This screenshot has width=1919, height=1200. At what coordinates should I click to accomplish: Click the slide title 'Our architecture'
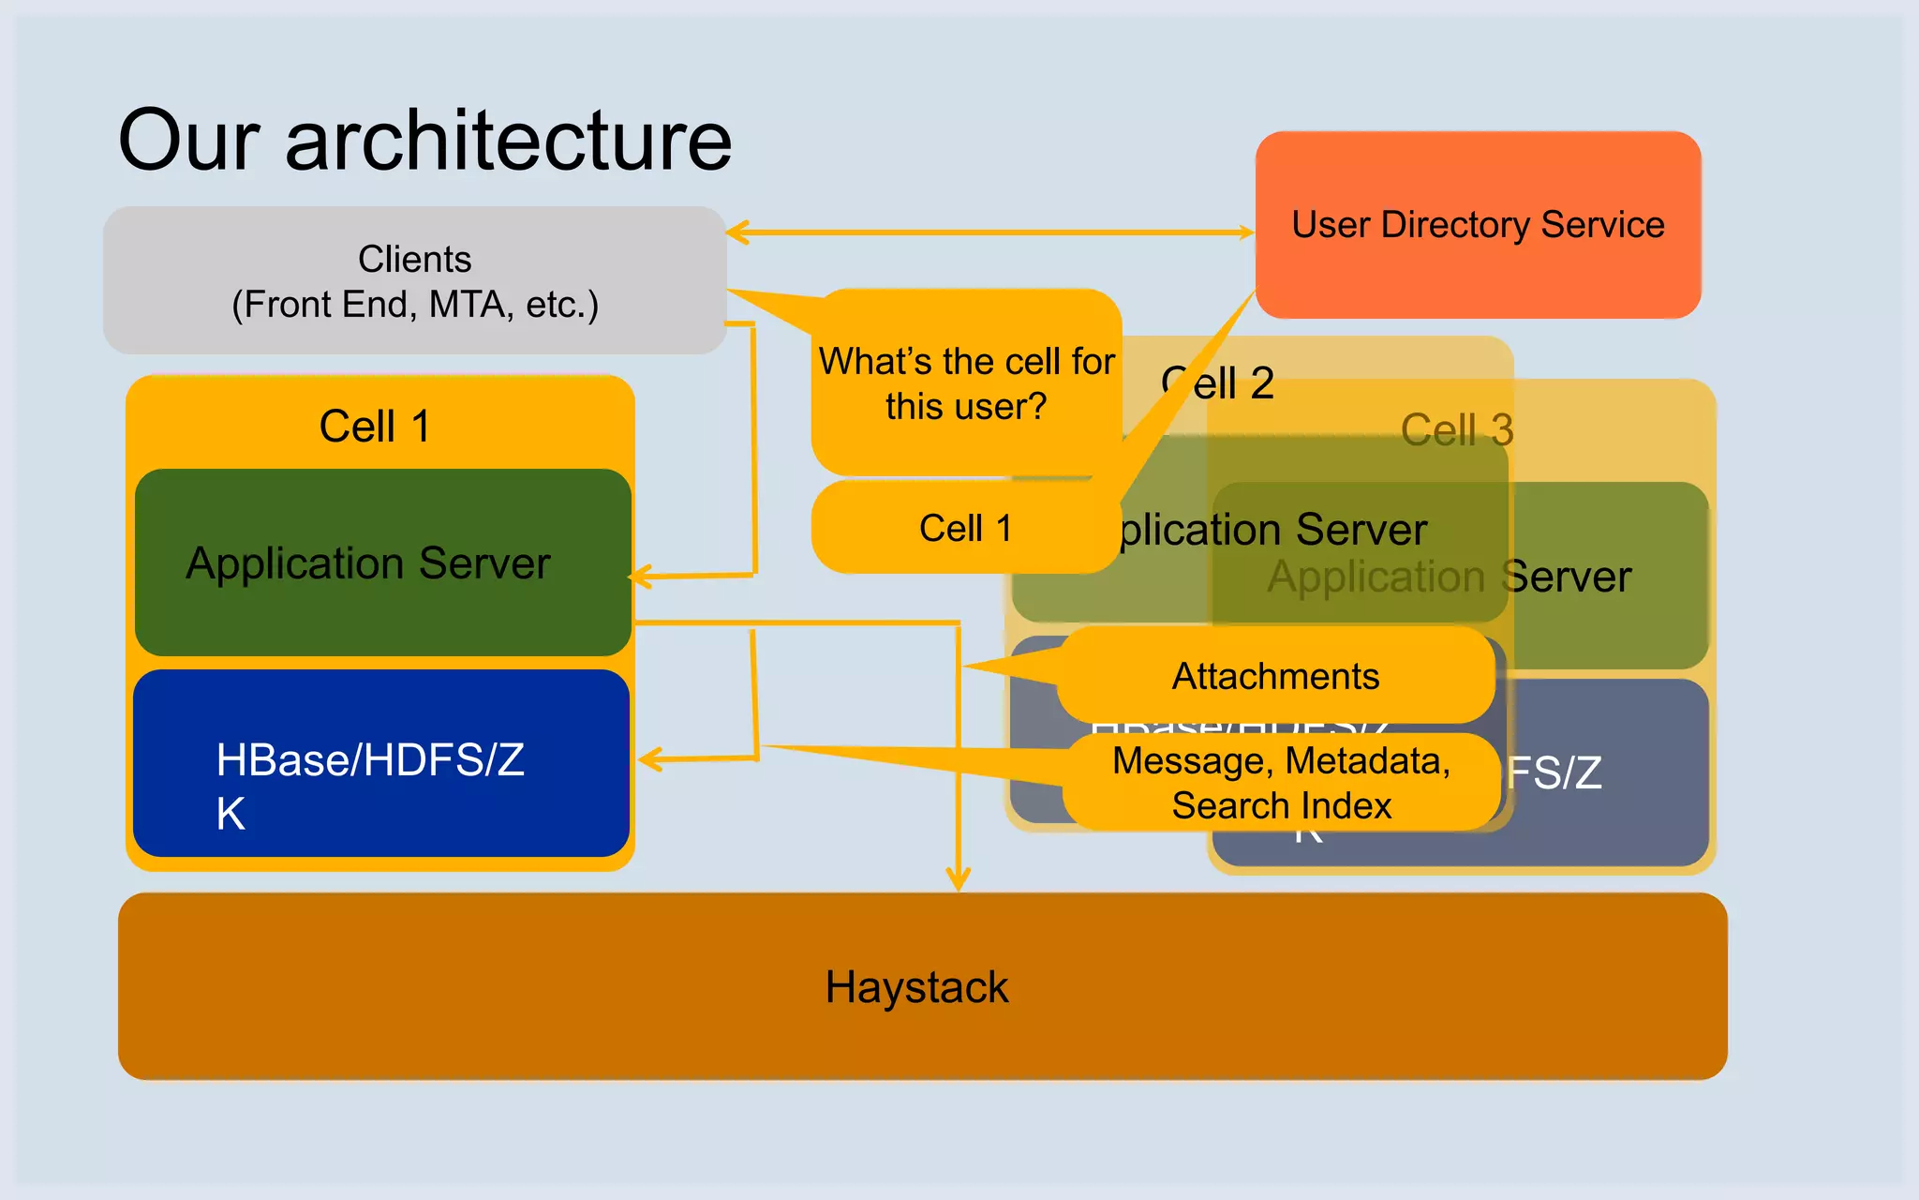pos(424,141)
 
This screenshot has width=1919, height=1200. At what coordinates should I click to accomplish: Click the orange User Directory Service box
pos(1478,225)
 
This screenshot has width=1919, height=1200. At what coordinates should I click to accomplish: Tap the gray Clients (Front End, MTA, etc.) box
pos(414,280)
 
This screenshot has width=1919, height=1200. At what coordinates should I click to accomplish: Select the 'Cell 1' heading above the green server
pos(375,427)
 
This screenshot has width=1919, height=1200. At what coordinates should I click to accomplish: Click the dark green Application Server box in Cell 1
pos(368,563)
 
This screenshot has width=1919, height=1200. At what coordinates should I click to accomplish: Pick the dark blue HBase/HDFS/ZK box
pos(379,764)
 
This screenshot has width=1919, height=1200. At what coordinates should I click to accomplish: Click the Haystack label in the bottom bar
pos(916,987)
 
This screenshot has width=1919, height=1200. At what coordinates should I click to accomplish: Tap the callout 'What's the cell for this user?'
pos(966,383)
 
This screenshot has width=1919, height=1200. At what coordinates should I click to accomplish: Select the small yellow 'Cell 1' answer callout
pos(965,528)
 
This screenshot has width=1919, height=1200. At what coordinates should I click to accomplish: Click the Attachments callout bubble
pos(1275,676)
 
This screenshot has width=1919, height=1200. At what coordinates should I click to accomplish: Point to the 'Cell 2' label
pos(1218,382)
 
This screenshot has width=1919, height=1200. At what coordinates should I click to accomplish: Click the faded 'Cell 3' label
pos(1457,430)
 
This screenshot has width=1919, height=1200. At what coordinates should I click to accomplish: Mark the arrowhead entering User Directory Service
pos(1246,232)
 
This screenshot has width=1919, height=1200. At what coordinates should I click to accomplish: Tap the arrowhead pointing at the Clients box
pos(736,232)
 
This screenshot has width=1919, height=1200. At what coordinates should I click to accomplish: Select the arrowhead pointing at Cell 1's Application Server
pos(640,577)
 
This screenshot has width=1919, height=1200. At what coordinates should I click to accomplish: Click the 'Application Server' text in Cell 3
pos(1449,577)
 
